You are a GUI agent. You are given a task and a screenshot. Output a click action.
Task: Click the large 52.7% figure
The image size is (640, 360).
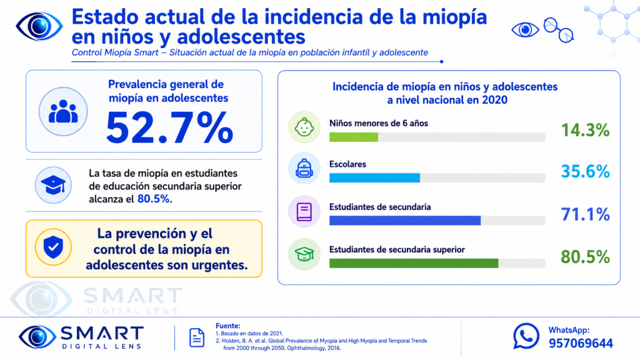pyautogui.click(x=169, y=127)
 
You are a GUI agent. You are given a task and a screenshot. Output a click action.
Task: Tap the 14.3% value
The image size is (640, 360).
pyautogui.click(x=585, y=130)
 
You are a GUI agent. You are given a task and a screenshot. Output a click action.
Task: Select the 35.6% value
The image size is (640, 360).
pyautogui.click(x=585, y=171)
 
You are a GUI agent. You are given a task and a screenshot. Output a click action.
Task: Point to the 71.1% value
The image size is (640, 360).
pyautogui.click(x=585, y=214)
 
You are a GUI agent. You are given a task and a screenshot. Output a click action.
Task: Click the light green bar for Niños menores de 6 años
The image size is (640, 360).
pyautogui.click(x=354, y=137)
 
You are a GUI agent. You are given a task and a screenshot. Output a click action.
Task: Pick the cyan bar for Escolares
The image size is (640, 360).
pyautogui.click(x=375, y=178)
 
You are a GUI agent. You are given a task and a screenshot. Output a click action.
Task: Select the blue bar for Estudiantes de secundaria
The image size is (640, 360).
pyautogui.click(x=405, y=221)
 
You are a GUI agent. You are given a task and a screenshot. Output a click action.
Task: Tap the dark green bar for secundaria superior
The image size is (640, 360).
pyautogui.click(x=414, y=263)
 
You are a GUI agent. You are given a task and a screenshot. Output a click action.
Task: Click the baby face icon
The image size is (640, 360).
pyautogui.click(x=304, y=127)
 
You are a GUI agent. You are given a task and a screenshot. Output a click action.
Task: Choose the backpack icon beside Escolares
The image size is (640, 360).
pyautogui.click(x=304, y=168)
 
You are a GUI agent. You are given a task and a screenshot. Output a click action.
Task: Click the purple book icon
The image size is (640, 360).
pyautogui.click(x=304, y=211)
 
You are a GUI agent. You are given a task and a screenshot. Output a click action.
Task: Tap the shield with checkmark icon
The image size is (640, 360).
pyautogui.click(x=53, y=247)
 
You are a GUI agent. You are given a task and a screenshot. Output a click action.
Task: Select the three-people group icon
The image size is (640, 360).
pyautogui.click(x=63, y=111)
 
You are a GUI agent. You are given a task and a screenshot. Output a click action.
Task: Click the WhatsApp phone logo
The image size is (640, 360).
pyautogui.click(x=526, y=336)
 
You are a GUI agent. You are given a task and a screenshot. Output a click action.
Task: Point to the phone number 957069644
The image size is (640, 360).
pyautogui.click(x=581, y=343)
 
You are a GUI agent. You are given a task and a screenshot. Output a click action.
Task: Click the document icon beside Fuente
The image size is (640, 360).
pyautogui.click(x=197, y=337)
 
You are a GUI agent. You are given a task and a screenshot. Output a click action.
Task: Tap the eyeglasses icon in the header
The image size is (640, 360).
pyautogui.click(x=559, y=30)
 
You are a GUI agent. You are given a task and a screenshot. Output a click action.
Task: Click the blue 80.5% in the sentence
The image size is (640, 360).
pyautogui.click(x=154, y=199)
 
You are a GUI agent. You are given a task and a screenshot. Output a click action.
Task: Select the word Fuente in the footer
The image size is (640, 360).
pyautogui.click(x=227, y=326)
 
